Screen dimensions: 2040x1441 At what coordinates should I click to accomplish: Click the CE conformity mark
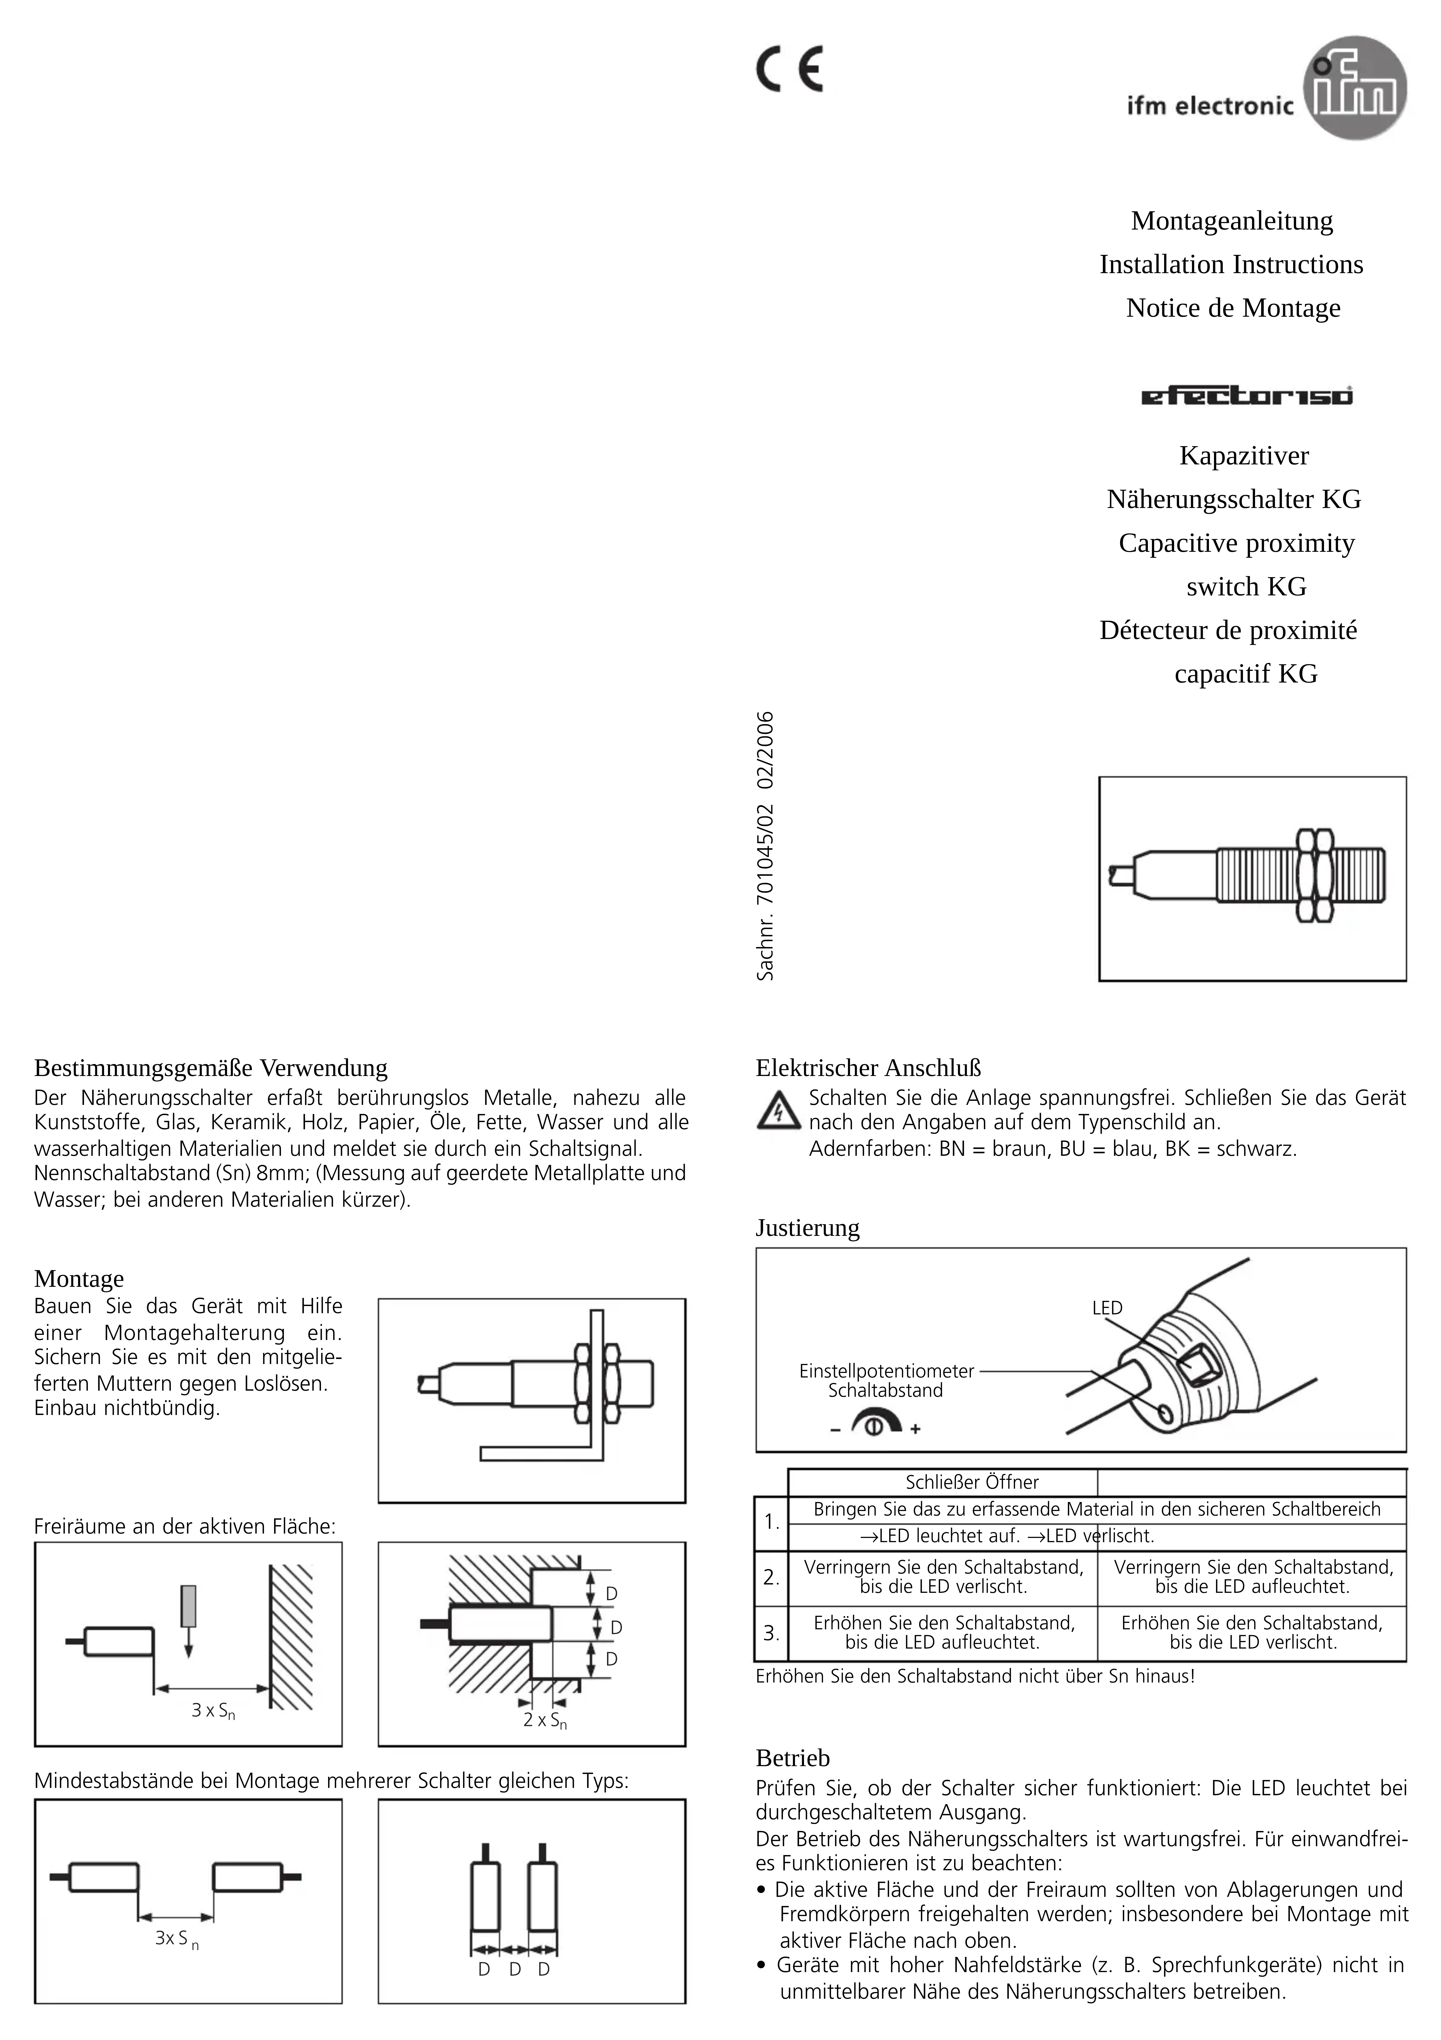pos(789,68)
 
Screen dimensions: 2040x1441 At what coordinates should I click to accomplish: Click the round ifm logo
pos(1355,88)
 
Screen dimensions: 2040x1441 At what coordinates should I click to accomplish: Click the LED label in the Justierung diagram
pos(1107,1308)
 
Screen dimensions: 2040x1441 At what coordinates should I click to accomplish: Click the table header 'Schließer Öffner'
pos(972,1482)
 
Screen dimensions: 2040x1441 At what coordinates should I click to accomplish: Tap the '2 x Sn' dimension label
pos(545,1720)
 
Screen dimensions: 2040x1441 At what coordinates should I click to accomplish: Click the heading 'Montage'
pos(79,1279)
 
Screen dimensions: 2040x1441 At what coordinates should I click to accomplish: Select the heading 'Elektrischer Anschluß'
pos(868,1068)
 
